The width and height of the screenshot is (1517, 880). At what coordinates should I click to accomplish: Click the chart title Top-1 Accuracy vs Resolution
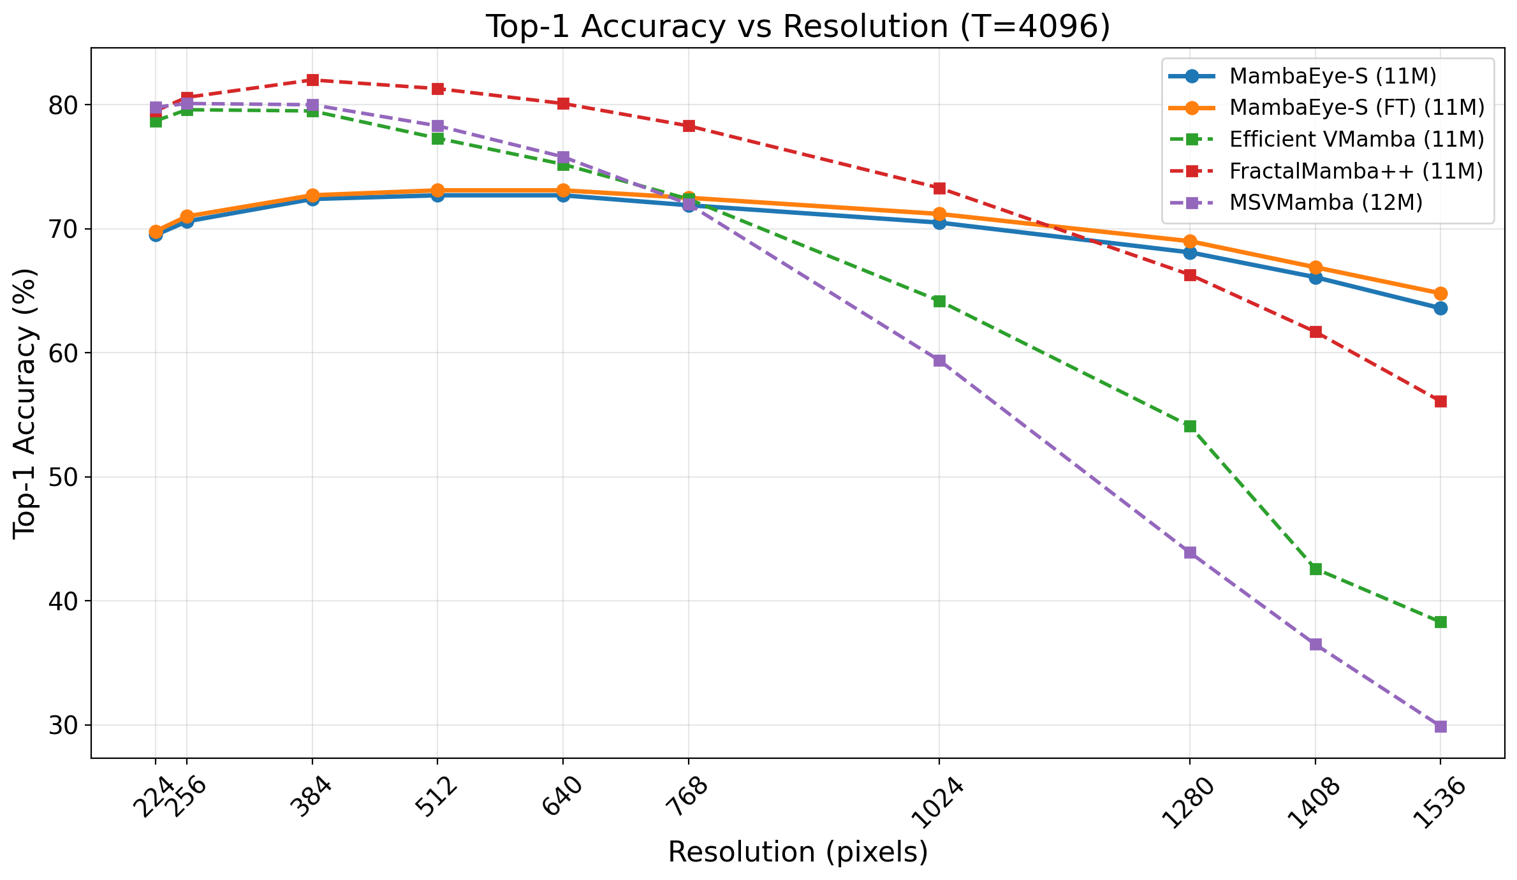pos(798,27)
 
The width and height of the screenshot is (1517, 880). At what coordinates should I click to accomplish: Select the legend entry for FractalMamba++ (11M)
pos(1356,171)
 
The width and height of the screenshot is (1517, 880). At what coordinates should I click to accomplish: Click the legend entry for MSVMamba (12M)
pos(1326,202)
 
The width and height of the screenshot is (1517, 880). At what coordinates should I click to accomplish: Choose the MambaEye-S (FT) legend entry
pos(1357,107)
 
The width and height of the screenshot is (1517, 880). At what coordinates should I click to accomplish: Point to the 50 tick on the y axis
pos(62,478)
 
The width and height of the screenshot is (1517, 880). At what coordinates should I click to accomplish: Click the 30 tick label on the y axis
pos(62,726)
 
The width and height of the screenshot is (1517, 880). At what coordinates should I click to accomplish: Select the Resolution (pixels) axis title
pos(798,853)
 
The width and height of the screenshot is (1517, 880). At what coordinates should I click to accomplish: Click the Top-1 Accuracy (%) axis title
pos(26,403)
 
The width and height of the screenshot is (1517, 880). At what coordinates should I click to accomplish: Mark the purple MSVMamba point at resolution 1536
pos(1440,726)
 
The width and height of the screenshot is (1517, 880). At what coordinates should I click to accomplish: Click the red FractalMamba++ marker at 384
pos(312,80)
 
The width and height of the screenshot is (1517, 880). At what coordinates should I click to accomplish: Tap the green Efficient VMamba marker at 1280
pos(1190,426)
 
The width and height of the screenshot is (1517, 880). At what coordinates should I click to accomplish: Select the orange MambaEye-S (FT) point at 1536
pos(1440,293)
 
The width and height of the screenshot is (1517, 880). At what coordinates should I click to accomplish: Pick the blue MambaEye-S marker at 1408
pos(1315,277)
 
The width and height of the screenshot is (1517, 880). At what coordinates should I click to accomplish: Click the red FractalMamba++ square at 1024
pos(939,188)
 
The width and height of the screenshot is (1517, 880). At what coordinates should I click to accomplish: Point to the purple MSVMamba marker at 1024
pos(939,361)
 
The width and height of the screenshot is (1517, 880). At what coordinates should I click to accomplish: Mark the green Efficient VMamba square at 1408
pos(1315,569)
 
